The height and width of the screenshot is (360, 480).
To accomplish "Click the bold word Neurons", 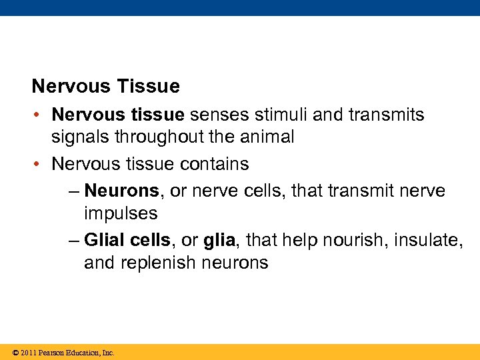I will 122,191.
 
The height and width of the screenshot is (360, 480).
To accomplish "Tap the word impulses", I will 121,214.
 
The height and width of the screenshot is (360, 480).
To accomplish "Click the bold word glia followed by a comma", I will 218,240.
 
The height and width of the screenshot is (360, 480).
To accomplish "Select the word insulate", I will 429,240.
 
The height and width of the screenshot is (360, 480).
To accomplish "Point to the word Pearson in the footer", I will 52,353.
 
